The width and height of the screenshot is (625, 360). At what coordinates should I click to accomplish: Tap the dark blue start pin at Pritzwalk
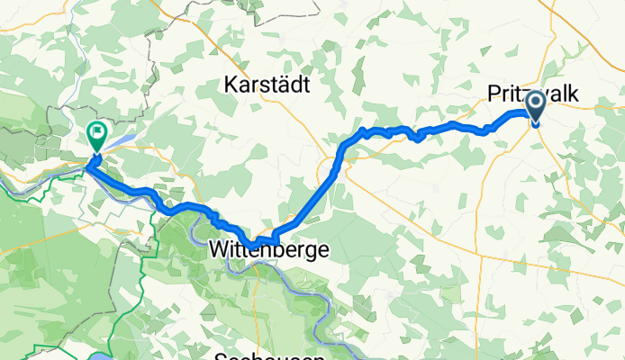[x=535, y=107]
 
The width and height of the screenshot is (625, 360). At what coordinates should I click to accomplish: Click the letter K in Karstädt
[x=229, y=86]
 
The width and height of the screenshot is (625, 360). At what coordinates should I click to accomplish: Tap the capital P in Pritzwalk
[x=494, y=94]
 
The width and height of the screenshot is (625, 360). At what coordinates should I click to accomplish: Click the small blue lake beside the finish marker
[x=126, y=141]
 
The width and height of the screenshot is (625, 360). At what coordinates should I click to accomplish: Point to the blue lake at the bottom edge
[x=98, y=355]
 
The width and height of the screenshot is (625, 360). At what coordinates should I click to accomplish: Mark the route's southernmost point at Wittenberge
[x=258, y=241]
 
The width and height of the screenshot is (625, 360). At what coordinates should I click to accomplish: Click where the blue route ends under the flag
[x=90, y=164]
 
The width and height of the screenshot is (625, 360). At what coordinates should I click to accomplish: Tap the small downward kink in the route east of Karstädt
[x=418, y=138]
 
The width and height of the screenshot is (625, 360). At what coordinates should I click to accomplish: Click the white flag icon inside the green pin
[x=96, y=133]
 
